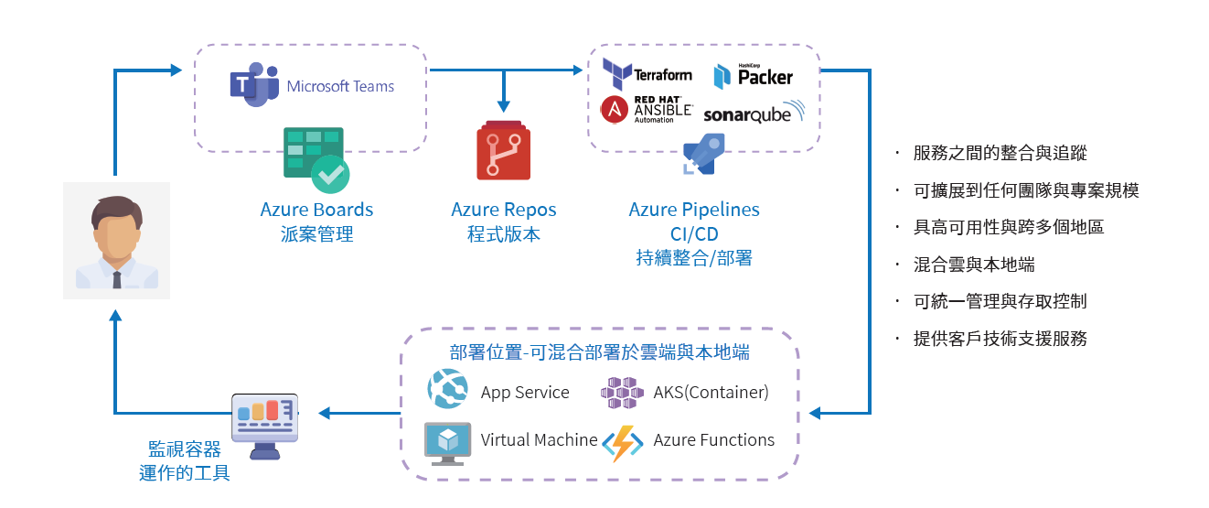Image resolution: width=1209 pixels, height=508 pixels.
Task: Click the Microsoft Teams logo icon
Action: coord(254,85)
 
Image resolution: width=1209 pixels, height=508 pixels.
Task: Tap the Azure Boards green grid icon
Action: coord(316,160)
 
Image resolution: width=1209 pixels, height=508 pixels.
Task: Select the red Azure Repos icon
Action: coord(504,150)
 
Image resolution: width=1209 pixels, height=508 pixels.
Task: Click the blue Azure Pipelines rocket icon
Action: coord(703,155)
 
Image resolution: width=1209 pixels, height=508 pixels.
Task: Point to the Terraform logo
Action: coord(647,74)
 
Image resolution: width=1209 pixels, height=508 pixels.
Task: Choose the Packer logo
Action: coord(754,76)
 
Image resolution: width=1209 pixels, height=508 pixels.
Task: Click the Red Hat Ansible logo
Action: coord(647,110)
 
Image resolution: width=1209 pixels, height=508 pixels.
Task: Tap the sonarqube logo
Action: coord(754,113)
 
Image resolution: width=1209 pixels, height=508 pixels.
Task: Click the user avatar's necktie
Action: coord(117,279)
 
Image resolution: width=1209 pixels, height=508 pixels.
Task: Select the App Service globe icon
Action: coord(447,389)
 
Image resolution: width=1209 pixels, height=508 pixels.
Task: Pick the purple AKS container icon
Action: coord(622,393)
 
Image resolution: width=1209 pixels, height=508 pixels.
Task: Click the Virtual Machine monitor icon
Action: coord(447,444)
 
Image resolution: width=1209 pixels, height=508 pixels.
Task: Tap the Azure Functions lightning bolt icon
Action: coord(622,443)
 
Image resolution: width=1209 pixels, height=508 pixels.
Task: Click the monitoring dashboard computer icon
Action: coord(265,427)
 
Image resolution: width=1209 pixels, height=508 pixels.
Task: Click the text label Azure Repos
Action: coord(504,209)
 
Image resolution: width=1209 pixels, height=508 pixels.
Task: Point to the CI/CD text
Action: coord(694,234)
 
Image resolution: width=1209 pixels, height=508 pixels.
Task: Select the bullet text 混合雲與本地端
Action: coord(974,265)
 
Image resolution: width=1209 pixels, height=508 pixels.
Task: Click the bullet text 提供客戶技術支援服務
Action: coord(1000,339)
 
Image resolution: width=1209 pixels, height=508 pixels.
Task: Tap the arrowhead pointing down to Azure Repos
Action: coord(504,105)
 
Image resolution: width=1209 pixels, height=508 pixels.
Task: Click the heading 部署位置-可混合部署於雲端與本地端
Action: coord(600,352)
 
